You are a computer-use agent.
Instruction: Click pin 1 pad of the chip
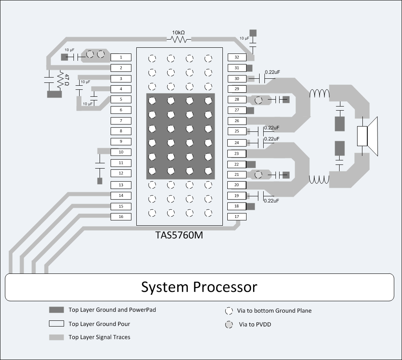click(x=121, y=58)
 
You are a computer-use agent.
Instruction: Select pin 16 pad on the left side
click(x=121, y=217)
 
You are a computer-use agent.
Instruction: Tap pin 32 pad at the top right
click(x=237, y=58)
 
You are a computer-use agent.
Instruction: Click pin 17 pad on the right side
click(x=237, y=217)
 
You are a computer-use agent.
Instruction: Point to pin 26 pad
click(x=237, y=121)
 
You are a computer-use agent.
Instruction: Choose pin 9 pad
click(x=121, y=142)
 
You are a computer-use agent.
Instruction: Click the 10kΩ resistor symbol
click(x=179, y=39)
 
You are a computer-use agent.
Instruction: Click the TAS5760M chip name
click(x=179, y=235)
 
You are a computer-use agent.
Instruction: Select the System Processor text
click(x=199, y=287)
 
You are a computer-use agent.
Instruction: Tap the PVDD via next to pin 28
click(x=258, y=100)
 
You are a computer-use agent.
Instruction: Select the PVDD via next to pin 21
click(x=258, y=175)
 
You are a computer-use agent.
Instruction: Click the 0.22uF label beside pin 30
click(x=272, y=72)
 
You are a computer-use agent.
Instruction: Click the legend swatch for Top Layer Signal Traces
click(x=57, y=337)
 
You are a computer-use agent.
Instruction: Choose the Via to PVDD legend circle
click(x=229, y=325)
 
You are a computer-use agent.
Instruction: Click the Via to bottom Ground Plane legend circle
click(x=229, y=311)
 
